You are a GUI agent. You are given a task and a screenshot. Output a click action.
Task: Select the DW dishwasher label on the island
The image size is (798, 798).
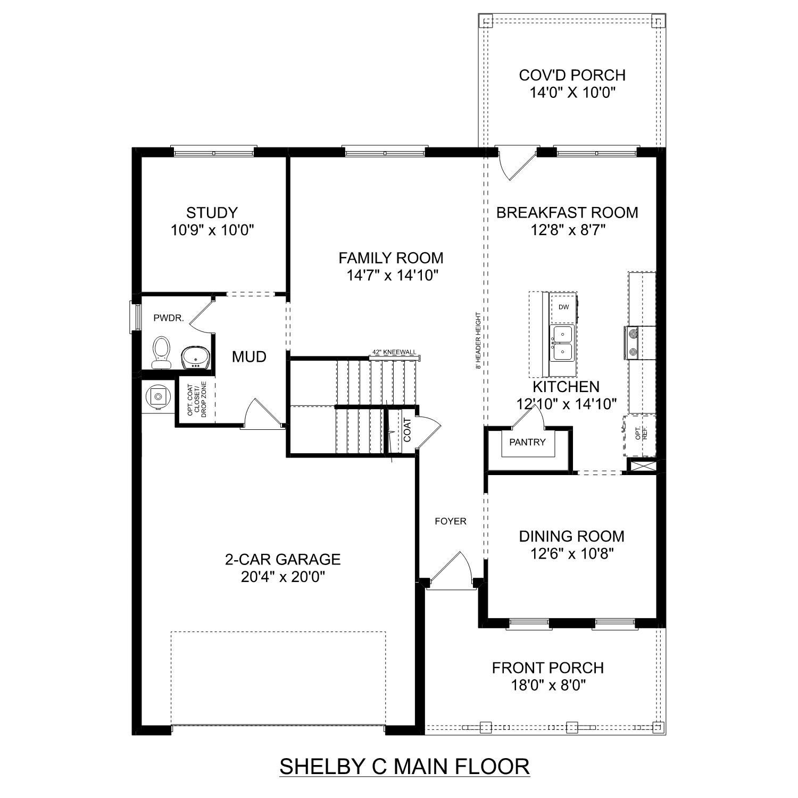pos(563,307)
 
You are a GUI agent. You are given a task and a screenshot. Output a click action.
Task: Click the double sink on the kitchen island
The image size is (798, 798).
pos(562,343)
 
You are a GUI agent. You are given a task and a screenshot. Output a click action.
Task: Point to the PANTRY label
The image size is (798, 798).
pos(527,442)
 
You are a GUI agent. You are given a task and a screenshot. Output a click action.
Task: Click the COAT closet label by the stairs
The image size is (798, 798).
pos(407,430)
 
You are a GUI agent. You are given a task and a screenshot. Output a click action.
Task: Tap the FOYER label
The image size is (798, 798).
pos(450,521)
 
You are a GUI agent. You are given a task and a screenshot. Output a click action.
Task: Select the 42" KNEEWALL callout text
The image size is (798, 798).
pos(394,352)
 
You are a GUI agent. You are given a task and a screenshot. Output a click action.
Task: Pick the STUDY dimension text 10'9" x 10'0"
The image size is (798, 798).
pos(212,230)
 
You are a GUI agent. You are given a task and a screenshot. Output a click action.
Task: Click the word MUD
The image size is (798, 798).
pos(249,357)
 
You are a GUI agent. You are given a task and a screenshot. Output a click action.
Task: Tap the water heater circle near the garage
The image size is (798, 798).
pos(157,396)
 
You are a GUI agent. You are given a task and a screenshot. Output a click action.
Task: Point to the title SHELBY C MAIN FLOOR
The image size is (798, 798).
pos(404,767)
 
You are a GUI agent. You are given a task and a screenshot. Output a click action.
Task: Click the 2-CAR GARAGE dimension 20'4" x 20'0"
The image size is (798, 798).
pos(282,577)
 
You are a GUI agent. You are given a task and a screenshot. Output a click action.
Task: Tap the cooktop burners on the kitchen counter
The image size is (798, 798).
pos(633,342)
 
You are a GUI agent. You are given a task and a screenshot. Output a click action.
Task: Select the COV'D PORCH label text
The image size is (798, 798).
pos(572,75)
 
